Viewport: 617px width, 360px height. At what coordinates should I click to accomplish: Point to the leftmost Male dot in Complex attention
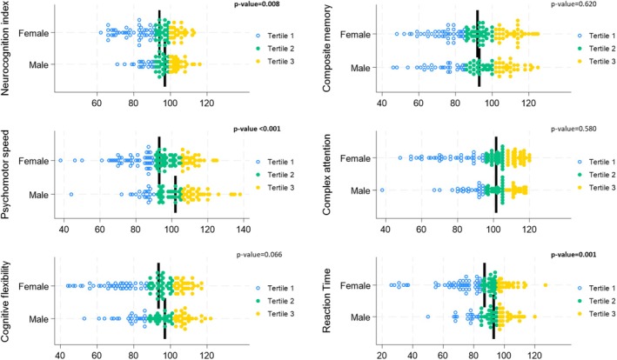point(382,190)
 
